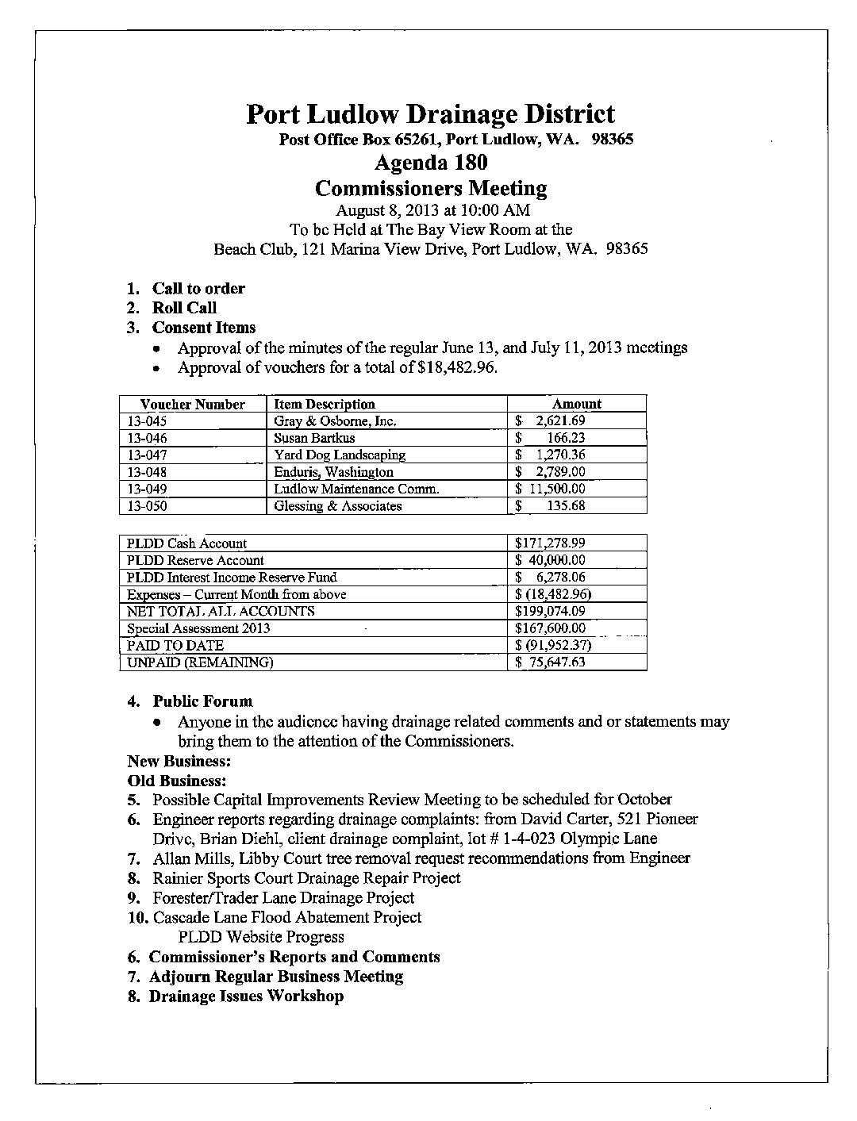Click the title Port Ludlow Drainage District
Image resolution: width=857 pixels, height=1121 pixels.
click(430, 114)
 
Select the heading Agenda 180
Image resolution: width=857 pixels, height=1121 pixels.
click(430, 163)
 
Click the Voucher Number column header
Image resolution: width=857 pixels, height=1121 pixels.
click(193, 404)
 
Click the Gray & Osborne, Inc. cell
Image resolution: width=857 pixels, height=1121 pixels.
click(334, 421)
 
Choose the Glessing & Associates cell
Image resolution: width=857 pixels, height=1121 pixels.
click(337, 506)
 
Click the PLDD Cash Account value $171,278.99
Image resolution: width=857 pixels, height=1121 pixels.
click(550, 543)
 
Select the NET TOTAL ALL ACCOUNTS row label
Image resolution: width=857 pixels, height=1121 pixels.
click(221, 612)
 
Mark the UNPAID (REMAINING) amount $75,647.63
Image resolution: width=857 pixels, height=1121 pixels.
click(551, 662)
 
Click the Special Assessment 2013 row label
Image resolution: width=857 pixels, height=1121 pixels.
click(198, 628)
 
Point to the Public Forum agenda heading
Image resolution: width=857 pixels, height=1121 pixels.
click(202, 701)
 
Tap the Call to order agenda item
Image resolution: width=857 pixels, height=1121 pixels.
click(198, 289)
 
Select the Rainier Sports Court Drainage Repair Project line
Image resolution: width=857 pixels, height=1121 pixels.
click(306, 878)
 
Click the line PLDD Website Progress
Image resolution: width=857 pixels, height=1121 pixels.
click(261, 937)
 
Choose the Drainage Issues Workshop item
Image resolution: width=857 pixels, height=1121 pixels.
click(246, 996)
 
